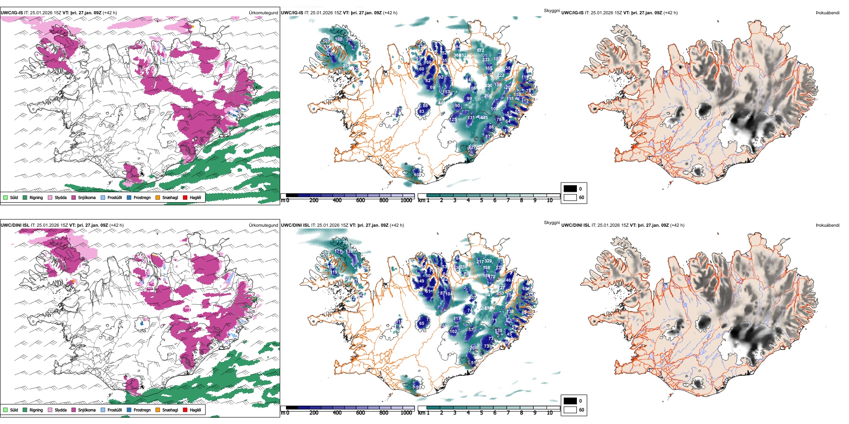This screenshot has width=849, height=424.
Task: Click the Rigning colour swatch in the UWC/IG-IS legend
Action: [x=25, y=197]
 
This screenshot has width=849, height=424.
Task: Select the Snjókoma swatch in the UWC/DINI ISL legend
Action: [x=74, y=410]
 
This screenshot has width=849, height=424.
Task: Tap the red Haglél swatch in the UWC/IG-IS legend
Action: [x=185, y=197]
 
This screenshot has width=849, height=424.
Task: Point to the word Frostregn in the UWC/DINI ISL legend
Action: [x=142, y=410]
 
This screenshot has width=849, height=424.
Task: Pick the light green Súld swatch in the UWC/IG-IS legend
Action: [x=5, y=197]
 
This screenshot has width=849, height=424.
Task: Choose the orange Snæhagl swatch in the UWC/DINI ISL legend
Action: [x=158, y=410]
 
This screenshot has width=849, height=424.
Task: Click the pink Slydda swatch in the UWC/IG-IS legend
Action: [x=50, y=197]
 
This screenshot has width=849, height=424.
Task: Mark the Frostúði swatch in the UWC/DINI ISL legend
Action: [x=103, y=410]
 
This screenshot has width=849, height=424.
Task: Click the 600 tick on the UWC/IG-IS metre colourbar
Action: [x=360, y=200]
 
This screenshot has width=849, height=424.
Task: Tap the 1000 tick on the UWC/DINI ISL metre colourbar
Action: [x=406, y=413]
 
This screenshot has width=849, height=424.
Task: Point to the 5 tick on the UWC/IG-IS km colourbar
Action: [x=481, y=200]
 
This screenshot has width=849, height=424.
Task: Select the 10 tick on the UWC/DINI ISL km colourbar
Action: [x=550, y=413]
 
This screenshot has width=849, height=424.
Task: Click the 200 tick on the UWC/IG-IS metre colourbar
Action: [x=314, y=200]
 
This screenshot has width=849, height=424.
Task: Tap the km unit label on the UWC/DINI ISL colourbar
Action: [x=421, y=413]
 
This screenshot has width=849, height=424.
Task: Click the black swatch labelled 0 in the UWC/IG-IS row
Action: [x=570, y=189]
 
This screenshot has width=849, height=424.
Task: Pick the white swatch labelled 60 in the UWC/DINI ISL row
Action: [x=570, y=410]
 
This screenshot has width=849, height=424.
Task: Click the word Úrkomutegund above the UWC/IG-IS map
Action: [x=263, y=13]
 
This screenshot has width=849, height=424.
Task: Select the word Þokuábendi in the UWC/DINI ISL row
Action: [x=827, y=225]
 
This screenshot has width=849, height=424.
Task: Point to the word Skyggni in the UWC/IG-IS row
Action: [x=551, y=10]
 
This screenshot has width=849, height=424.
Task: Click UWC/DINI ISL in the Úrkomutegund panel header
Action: [x=15, y=225]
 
